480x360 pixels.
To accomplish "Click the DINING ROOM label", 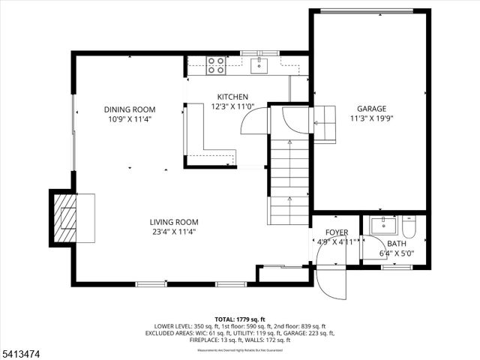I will click(x=130, y=109).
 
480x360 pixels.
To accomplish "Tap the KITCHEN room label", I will click(x=232, y=97).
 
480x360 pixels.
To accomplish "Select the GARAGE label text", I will click(x=371, y=108).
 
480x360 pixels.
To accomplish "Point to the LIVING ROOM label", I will click(x=173, y=222).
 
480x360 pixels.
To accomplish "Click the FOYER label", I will click(x=336, y=232).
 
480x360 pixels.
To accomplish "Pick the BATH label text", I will click(x=397, y=244).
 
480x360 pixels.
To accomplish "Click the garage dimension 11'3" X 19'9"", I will click(x=371, y=118).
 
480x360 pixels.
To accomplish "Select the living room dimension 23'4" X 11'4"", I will click(x=173, y=232).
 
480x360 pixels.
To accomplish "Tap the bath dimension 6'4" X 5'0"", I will click(x=397, y=253).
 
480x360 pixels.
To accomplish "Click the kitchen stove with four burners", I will click(x=216, y=66).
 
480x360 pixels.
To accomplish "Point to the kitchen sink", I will click(x=259, y=66).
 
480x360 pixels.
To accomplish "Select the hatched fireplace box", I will click(x=64, y=218).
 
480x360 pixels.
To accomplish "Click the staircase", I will click(x=289, y=180).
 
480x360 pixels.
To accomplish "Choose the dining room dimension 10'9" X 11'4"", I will click(x=130, y=119).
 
